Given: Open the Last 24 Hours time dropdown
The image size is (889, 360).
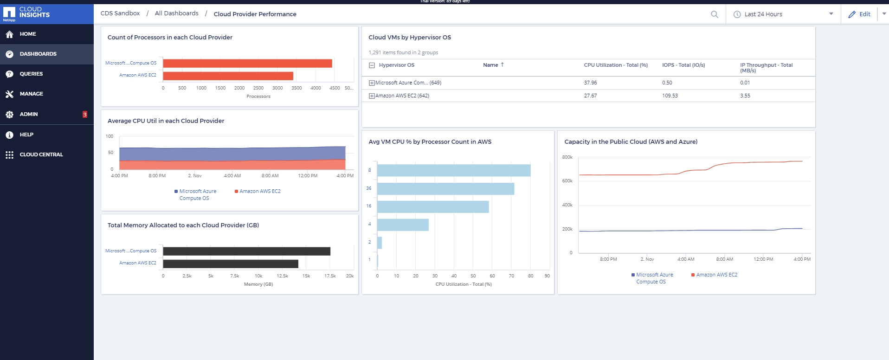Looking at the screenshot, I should click(784, 14).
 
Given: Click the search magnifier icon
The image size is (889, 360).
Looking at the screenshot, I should click(715, 14).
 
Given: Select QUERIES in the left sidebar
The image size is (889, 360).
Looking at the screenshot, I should click(31, 74).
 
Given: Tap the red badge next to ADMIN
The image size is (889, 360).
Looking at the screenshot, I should click(85, 114).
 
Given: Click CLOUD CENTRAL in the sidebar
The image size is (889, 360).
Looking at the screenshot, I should click(41, 154).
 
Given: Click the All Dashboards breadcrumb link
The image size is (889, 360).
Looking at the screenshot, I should click(176, 13).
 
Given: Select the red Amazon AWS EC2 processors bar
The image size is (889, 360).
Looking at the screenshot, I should click(228, 76).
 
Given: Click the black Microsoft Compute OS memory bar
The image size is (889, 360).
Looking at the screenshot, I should click(246, 251).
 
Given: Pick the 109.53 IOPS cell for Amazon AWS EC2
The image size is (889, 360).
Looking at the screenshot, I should click(670, 96).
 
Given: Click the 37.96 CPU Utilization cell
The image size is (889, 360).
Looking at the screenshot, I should click(590, 83).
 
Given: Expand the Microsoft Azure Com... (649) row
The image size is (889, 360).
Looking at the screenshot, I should click(372, 83).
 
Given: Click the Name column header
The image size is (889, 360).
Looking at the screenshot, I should click(490, 65).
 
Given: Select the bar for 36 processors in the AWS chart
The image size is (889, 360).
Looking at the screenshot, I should click(445, 189).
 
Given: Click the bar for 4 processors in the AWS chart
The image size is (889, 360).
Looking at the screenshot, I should click(403, 225).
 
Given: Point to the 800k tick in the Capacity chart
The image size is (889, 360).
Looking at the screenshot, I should click(567, 157).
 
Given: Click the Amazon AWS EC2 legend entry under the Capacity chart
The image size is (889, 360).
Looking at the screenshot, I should click(716, 275).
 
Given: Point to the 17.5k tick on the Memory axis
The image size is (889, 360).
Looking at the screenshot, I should click(330, 276).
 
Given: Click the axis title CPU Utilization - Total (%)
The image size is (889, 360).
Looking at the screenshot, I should click(463, 284).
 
